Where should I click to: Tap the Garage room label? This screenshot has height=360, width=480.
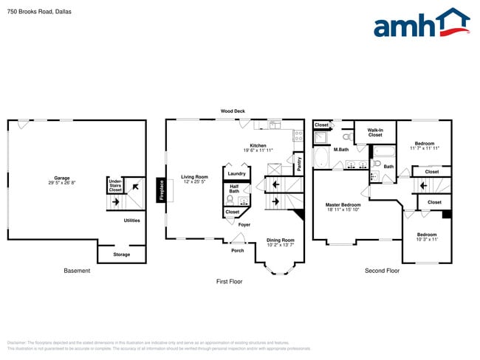click(x=61, y=179)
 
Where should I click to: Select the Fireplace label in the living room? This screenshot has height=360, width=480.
click(x=161, y=190)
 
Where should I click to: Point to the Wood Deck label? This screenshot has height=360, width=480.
click(x=233, y=111)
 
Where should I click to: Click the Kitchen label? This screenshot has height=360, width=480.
click(x=258, y=145)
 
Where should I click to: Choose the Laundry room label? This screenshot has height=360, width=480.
click(x=237, y=173)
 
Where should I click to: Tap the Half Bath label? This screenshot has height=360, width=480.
click(x=234, y=189)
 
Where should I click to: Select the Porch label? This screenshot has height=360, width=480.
click(x=238, y=250)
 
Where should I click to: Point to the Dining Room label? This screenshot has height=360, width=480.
click(x=281, y=240)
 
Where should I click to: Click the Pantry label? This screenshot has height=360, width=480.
click(x=299, y=163)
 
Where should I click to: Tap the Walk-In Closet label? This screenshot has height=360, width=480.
click(x=375, y=133)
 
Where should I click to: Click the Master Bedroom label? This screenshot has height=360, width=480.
click(x=343, y=206)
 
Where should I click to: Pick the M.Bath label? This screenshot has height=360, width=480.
click(x=340, y=150)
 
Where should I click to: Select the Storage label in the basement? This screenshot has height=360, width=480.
click(x=122, y=255)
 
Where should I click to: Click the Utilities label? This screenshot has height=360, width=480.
click(x=131, y=220)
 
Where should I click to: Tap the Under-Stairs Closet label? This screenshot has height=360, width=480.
click(x=115, y=185)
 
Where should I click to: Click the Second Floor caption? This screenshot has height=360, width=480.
click(x=382, y=271)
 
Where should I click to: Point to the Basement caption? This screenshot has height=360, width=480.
click(x=77, y=271)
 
